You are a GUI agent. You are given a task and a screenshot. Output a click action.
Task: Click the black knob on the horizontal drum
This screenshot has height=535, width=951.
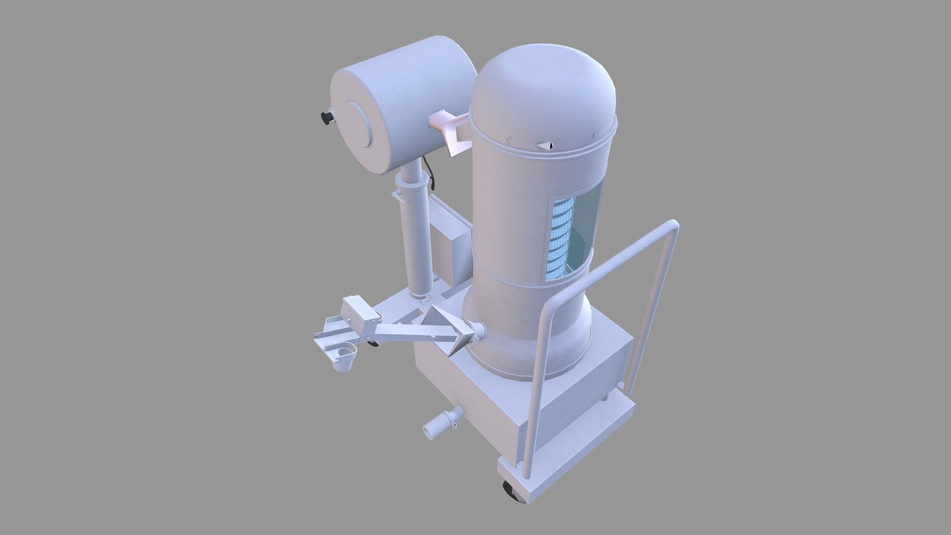tap(326, 118)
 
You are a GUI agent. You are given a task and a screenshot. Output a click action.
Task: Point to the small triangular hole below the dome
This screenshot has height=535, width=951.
tap(545, 145)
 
